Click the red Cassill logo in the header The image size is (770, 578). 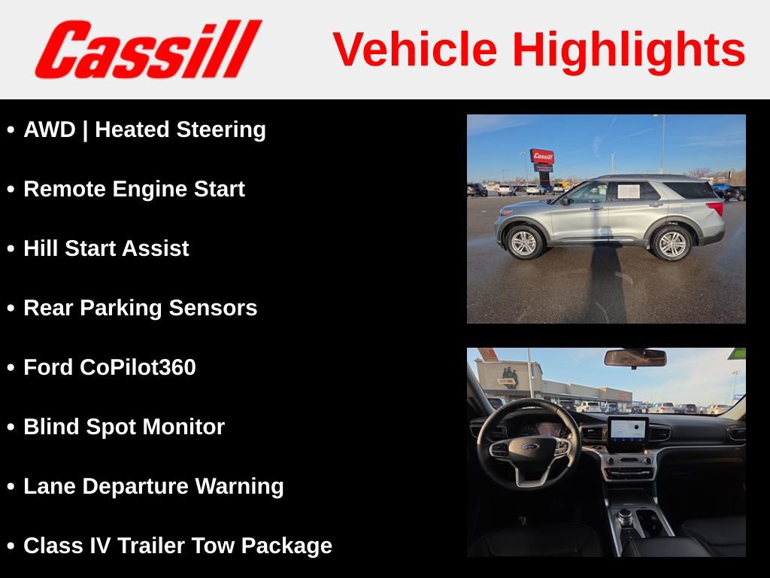pyautogui.click(x=147, y=50)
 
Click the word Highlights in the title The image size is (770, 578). pyautogui.click(x=629, y=50)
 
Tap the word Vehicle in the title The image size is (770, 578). pyautogui.click(x=415, y=50)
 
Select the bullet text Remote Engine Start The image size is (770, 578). pyautogui.click(x=134, y=189)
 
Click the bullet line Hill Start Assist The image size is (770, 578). pyautogui.click(x=106, y=248)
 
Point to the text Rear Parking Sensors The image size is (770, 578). pyautogui.click(x=140, y=308)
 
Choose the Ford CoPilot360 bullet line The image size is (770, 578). pyautogui.click(x=110, y=367)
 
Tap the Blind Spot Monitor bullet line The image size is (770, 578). pyautogui.click(x=124, y=427)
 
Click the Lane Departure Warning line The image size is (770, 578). pyautogui.click(x=153, y=486)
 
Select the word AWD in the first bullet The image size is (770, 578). pyautogui.click(x=50, y=129)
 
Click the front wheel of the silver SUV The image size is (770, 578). pyautogui.click(x=523, y=242)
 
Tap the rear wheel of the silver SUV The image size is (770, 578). pyautogui.click(x=671, y=243)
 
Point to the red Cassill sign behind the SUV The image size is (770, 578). pyautogui.click(x=541, y=157)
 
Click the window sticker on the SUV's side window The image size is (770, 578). pyautogui.click(x=628, y=191)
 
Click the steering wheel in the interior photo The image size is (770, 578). pyautogui.click(x=529, y=444)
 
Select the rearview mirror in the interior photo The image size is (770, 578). pyautogui.click(x=635, y=357)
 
